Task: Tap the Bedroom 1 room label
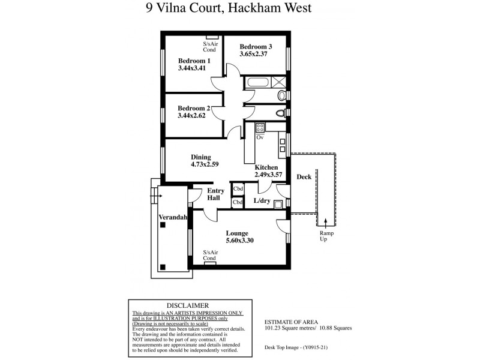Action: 194,61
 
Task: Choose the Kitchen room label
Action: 266,167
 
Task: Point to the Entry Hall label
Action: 216,194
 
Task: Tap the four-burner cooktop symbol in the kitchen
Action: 261,127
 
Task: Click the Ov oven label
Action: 260,137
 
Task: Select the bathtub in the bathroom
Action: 257,83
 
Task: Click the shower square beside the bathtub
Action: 280,83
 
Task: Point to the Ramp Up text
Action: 325,236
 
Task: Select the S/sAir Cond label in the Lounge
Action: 209,255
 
